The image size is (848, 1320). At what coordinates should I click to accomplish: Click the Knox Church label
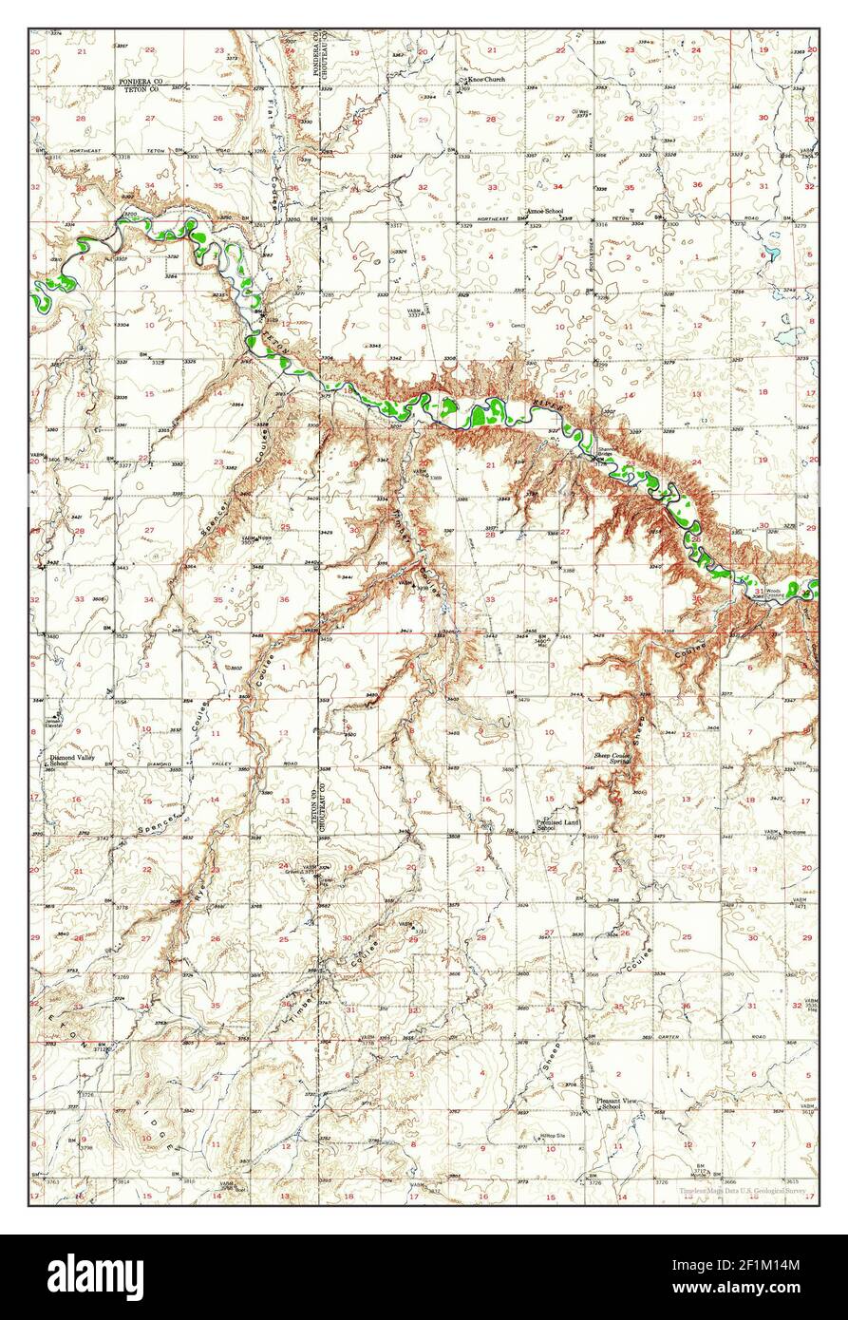pyautogui.click(x=485, y=81)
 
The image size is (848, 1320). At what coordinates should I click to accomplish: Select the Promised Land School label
pyautogui.click(x=557, y=825)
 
